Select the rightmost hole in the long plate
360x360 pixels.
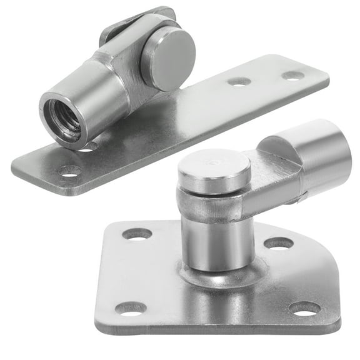(292, 76)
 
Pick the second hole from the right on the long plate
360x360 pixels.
(239, 81)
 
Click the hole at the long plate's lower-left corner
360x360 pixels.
(69, 170)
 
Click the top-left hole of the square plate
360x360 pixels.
(137, 234)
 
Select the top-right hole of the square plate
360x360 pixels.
(279, 243)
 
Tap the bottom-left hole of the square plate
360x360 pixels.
(131, 307)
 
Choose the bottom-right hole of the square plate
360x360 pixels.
(304, 308)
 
